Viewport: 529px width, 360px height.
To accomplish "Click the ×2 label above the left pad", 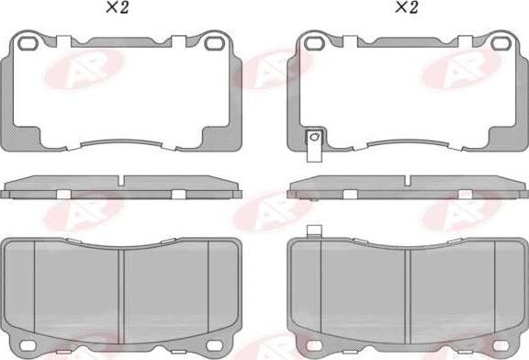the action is click(117, 7).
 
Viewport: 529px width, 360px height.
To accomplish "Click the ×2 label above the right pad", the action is click(406, 7).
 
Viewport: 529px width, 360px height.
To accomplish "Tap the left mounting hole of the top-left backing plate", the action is click(27, 43).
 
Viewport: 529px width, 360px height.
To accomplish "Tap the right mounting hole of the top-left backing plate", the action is click(215, 43).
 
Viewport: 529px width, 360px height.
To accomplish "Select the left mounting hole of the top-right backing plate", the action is click(314, 43).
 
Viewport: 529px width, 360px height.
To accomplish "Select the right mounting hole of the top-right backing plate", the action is click(501, 43).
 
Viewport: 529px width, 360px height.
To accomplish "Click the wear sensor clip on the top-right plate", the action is click(314, 145).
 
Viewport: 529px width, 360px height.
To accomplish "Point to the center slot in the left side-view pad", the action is click(121, 180).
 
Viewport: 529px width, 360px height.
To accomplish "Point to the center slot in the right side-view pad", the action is click(408, 180).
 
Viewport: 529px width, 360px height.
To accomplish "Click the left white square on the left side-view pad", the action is click(63, 195).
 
